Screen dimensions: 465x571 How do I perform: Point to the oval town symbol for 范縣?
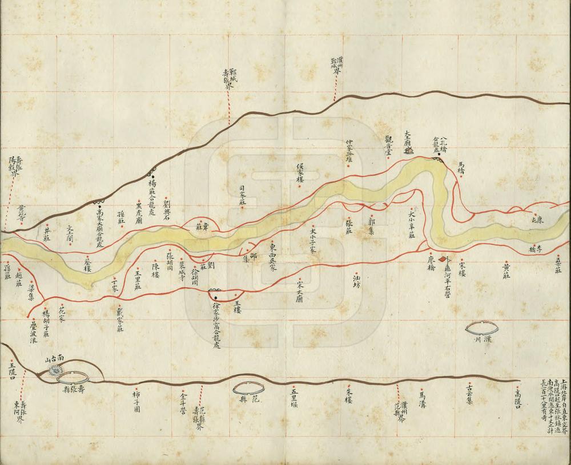point(248,387)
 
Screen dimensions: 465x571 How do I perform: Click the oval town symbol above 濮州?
point(480,327)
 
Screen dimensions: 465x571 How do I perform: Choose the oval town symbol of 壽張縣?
point(73,377)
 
